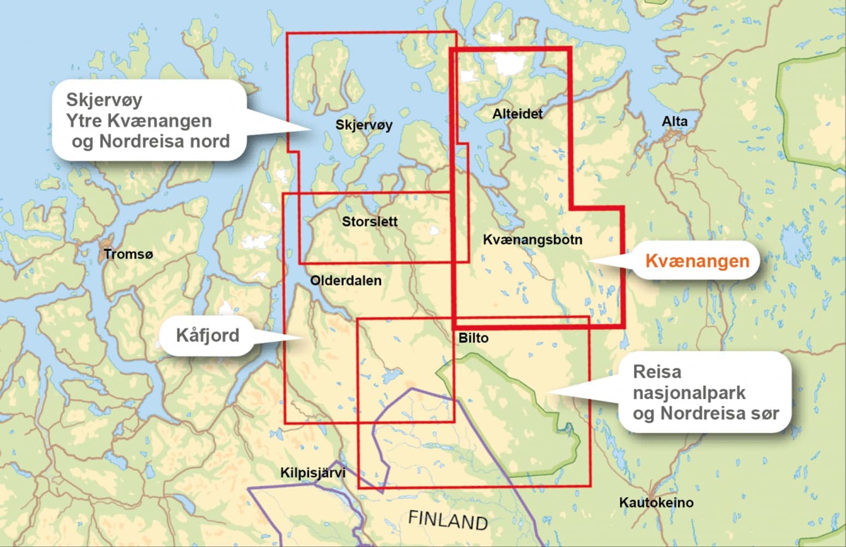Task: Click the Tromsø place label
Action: pyautogui.click(x=128, y=254)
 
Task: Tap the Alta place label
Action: pyautogui.click(x=674, y=121)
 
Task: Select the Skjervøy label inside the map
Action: pyautogui.click(x=364, y=125)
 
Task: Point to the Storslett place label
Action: pyautogui.click(x=369, y=222)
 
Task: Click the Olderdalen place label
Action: pyautogui.click(x=345, y=281)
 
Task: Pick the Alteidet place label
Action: pyautogui.click(x=517, y=114)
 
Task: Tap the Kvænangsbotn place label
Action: pyautogui.click(x=532, y=240)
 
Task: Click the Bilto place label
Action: pyautogui.click(x=473, y=338)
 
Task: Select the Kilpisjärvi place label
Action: pyautogui.click(x=313, y=473)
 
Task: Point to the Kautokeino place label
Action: pyautogui.click(x=656, y=502)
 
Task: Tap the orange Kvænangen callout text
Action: pyautogui.click(x=697, y=261)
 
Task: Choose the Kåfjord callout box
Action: pyautogui.click(x=207, y=335)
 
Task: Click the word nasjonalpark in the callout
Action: pyautogui.click(x=689, y=393)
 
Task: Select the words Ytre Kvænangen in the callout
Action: pyautogui.click(x=139, y=120)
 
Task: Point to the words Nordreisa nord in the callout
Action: pyautogui.click(x=164, y=141)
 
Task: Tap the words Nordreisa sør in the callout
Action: pyautogui.click(x=719, y=414)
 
